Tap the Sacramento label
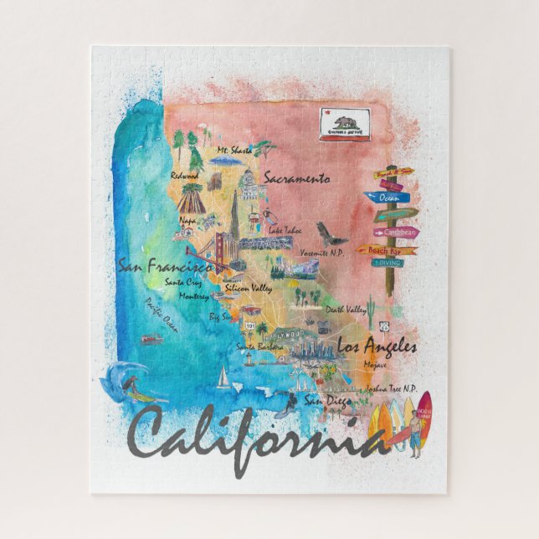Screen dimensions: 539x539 [296, 178]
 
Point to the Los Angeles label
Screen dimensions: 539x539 [377, 345]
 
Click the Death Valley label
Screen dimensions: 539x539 [346, 309]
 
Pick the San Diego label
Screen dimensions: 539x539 [325, 400]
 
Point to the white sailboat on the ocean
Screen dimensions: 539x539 [223, 378]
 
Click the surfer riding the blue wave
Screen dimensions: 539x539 [131, 386]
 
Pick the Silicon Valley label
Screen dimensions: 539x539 [249, 288]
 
